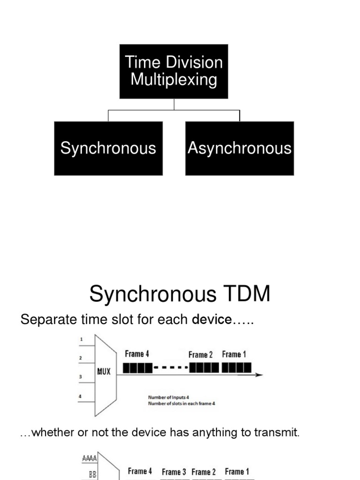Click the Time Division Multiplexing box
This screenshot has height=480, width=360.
point(173,71)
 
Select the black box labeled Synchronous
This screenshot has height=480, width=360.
point(108,148)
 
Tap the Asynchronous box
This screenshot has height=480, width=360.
point(240,148)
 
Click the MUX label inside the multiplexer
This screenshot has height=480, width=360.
point(104,372)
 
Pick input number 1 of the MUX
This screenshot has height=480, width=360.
point(81,339)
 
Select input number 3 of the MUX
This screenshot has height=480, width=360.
point(81,376)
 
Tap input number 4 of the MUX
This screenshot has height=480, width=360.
point(81,396)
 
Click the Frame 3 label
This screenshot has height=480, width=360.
point(174,472)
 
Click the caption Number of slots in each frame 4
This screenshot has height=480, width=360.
point(182,403)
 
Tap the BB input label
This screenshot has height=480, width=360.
point(92,474)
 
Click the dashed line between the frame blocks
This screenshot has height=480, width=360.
point(171,368)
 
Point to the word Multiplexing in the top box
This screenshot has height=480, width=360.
point(173,80)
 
